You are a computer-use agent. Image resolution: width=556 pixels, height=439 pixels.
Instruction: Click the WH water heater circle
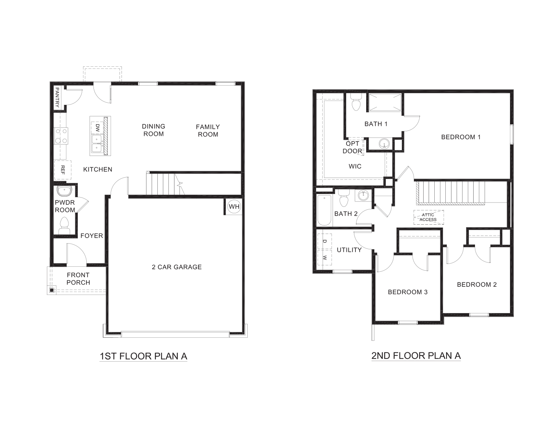point(234,206)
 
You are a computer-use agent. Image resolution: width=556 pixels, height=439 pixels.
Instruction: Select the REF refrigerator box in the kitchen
point(62,170)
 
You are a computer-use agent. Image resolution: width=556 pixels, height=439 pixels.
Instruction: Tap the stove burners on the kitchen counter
point(61,136)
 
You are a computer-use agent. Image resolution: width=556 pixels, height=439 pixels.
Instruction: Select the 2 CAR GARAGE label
point(177,267)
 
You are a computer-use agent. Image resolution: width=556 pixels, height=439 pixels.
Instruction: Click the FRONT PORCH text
point(78,279)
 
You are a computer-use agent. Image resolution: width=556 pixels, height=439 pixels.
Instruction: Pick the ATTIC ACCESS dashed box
point(428,217)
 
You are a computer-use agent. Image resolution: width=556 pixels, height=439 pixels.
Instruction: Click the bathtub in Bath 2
point(324,210)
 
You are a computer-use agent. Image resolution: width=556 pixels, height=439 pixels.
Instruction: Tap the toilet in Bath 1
point(356,103)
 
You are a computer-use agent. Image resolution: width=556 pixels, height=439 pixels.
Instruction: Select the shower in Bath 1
point(385,102)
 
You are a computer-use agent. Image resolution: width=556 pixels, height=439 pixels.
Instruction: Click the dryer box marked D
point(324,241)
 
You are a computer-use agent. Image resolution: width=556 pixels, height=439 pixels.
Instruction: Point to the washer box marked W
point(324,257)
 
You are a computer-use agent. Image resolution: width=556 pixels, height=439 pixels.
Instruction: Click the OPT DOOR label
point(353,147)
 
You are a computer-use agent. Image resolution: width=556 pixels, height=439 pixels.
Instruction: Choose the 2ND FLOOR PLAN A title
point(416,356)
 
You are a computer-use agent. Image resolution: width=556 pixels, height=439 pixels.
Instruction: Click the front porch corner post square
point(51,290)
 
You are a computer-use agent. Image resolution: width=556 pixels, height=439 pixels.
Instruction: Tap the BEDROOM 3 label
point(408,292)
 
